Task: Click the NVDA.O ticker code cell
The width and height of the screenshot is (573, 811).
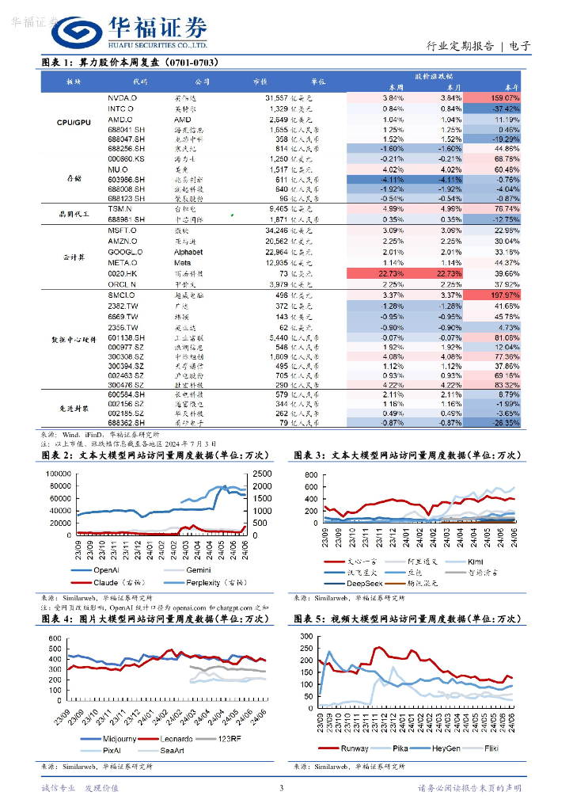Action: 122,97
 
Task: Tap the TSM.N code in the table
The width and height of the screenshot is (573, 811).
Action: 121,209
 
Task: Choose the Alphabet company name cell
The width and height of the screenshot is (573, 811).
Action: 188,252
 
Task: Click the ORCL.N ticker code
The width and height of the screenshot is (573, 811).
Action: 122,284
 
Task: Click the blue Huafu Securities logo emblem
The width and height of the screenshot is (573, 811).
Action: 75,32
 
